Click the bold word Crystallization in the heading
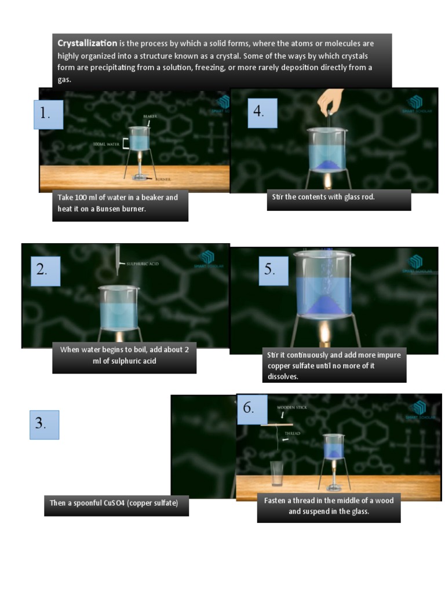(x=87, y=43)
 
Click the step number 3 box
(x=44, y=424)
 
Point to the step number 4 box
(x=262, y=113)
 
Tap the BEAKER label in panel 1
(x=150, y=116)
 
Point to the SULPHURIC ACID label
(x=142, y=263)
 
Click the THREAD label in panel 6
(x=292, y=433)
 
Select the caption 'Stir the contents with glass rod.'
(x=323, y=197)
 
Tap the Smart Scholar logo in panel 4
(x=415, y=104)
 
